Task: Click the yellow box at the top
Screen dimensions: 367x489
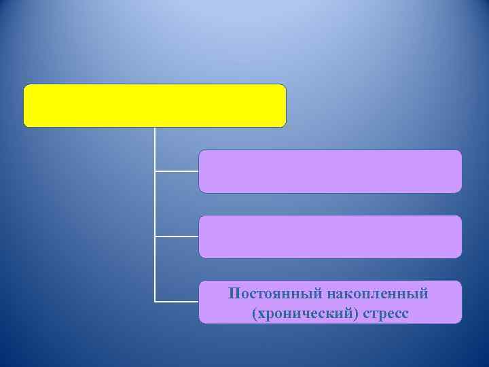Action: pos(155,106)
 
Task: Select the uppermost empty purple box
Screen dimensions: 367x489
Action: pos(330,171)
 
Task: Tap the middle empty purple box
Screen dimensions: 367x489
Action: pos(330,237)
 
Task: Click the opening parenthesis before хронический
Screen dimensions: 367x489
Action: pos(253,313)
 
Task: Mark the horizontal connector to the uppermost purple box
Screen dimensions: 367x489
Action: pos(177,171)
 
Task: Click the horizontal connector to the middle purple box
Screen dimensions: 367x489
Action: pos(177,237)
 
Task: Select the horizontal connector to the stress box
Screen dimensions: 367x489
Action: pos(177,301)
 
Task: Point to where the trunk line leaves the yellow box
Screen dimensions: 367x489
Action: pos(155,128)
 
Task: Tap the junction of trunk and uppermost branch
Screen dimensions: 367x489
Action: pos(155,171)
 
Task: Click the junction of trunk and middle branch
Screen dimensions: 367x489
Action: pos(155,237)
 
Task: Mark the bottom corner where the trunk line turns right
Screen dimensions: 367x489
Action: pos(155,301)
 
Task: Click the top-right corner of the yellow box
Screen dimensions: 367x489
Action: pos(285,86)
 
